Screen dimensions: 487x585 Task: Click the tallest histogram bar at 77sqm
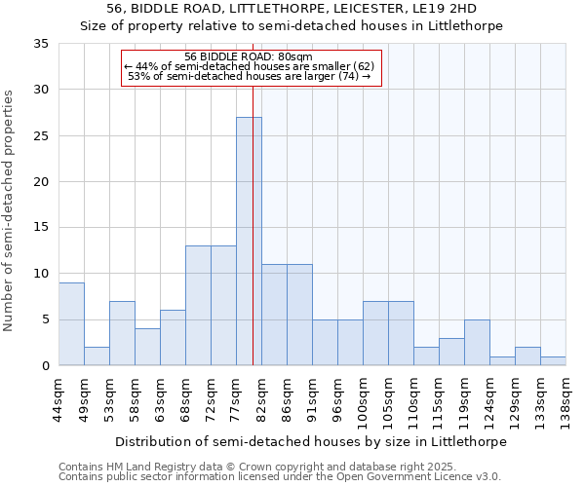[249, 242]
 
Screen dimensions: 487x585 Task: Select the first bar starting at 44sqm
[71, 324]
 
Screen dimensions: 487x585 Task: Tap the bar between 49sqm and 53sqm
[97, 356]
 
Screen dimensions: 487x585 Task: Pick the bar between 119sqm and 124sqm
[477, 343]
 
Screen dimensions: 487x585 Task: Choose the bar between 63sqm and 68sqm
[173, 338]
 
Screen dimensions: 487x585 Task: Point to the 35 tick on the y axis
[40, 44]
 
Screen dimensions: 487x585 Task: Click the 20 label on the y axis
[40, 182]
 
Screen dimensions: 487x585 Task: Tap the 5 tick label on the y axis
[44, 320]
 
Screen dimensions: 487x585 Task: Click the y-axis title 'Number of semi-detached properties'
[10, 210]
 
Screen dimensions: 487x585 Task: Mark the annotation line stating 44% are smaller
[250, 66]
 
